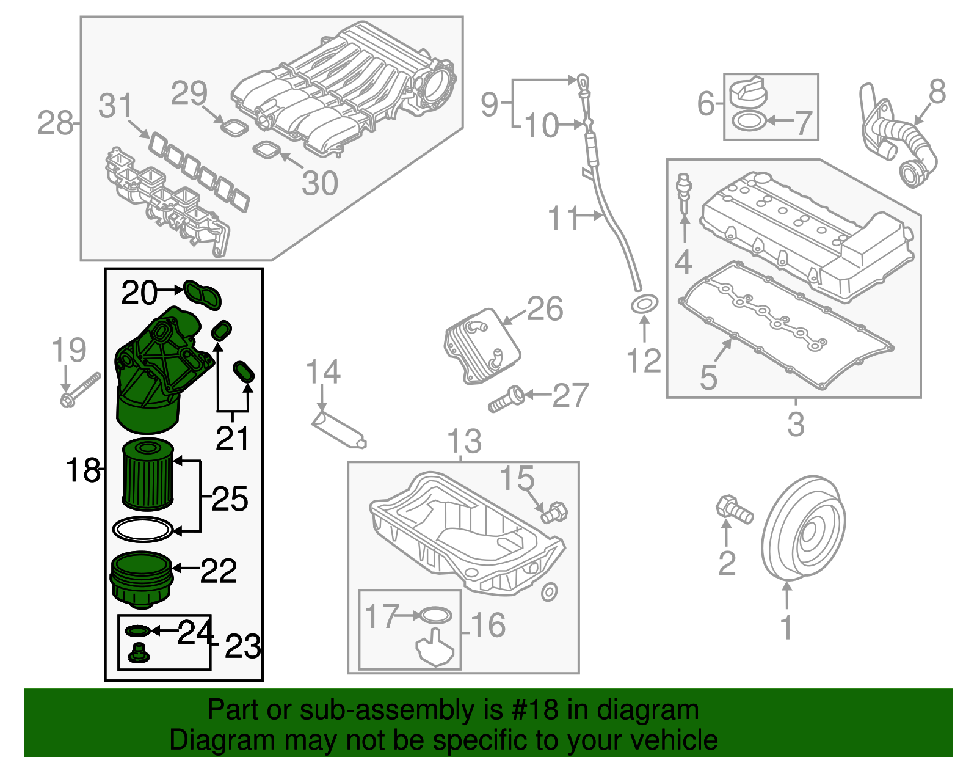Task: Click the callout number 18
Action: (82, 470)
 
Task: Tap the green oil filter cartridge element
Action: (148, 475)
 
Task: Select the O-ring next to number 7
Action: (746, 121)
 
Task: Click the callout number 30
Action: (320, 183)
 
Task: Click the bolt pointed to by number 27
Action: (506, 400)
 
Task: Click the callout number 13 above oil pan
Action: (464, 441)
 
